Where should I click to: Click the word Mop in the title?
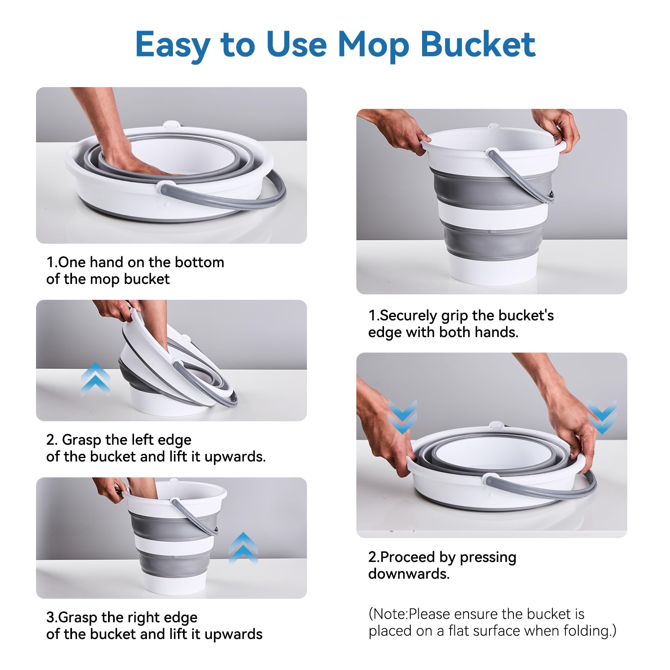pyautogui.click(x=373, y=45)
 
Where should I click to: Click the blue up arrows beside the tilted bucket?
pyautogui.click(x=95, y=379)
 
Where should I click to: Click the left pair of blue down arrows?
pyautogui.click(x=402, y=417)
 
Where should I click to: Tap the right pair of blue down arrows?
pyautogui.click(x=602, y=417)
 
